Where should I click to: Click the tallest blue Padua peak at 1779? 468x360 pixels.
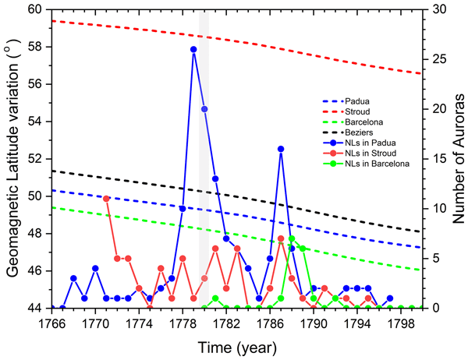coord(193,49)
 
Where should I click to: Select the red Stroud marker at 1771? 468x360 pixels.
coord(106,199)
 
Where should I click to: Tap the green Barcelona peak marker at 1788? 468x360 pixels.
coord(292,238)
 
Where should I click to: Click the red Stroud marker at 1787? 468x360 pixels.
coord(281,238)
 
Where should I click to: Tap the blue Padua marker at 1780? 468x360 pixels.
coord(204,109)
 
